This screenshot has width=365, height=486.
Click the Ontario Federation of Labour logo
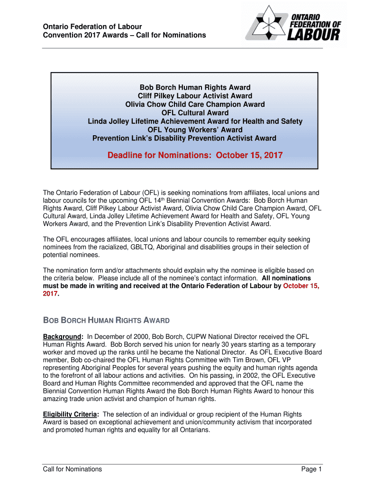point(296,25)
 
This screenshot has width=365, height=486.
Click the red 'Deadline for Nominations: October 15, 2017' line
point(195,155)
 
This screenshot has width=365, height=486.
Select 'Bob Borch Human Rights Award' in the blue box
point(195,87)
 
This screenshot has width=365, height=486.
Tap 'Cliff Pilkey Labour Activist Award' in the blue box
point(195,96)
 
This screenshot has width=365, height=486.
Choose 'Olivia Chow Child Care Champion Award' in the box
point(195,104)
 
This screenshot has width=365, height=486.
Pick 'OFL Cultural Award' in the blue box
point(195,113)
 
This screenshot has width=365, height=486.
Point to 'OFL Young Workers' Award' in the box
point(195,130)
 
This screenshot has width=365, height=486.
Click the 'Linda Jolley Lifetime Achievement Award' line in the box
point(195,121)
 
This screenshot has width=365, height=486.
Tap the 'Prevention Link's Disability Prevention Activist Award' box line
point(184,138)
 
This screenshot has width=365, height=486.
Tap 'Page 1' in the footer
point(311,469)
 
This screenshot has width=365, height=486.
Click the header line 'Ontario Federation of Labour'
point(92,27)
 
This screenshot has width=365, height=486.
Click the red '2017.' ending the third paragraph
point(51,294)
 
